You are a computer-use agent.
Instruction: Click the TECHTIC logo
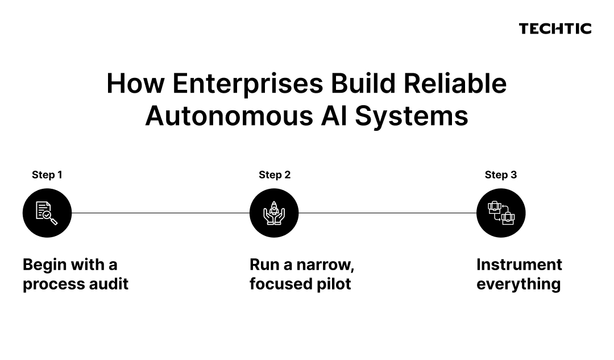(x=555, y=28)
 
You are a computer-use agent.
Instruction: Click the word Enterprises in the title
(x=247, y=84)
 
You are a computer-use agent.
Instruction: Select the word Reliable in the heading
(x=455, y=84)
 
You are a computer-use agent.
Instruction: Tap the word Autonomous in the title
(x=229, y=117)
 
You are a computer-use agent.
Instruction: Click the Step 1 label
(x=47, y=175)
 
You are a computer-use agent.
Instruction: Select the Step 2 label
(x=275, y=175)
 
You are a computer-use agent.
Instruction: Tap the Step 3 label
(x=501, y=175)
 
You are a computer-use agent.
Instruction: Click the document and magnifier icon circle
(x=47, y=213)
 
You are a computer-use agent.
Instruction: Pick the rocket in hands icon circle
(x=274, y=213)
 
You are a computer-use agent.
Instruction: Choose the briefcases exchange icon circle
(x=501, y=213)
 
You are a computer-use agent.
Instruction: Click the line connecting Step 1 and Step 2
(x=160, y=213)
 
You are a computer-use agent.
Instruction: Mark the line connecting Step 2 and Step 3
(x=388, y=213)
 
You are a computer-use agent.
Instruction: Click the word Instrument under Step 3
(x=519, y=265)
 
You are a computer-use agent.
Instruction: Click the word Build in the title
(x=363, y=84)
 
